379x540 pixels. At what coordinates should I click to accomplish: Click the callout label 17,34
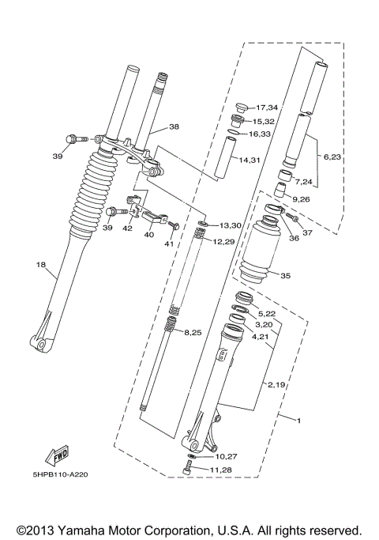pos(268,108)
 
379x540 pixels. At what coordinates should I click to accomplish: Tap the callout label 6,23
pos(332,157)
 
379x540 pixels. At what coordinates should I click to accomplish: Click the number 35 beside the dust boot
pos(285,276)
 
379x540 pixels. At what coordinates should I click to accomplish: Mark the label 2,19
pos(276,384)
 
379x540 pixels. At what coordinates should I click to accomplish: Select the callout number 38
pos(174,126)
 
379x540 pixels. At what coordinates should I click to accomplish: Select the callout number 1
pos(298,418)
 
